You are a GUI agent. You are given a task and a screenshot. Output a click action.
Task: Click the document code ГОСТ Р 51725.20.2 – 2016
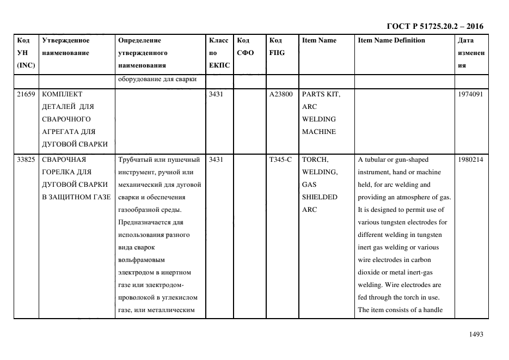[434, 26]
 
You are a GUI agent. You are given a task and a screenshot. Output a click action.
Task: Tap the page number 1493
[476, 334]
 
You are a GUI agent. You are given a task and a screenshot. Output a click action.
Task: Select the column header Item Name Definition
[391, 40]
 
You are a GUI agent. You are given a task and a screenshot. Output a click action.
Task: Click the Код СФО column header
[243, 46]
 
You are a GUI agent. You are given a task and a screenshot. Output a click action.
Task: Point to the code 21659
[26, 94]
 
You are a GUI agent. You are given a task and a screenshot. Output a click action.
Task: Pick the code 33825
[26, 160]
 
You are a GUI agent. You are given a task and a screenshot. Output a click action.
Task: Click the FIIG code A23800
[281, 94]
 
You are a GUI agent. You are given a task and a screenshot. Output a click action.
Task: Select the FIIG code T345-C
[280, 160]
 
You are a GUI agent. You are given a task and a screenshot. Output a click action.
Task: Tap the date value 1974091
[471, 94]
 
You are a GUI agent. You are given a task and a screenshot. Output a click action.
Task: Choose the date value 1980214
[471, 160]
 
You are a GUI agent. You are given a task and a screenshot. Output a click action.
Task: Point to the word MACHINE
[319, 132]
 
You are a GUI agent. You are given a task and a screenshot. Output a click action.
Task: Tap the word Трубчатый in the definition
[136, 160]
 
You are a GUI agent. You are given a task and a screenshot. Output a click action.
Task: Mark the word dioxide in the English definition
[370, 272]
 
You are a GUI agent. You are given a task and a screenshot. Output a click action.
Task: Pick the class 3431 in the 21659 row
[216, 94]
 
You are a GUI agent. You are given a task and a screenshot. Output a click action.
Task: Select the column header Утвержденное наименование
[65, 46]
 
